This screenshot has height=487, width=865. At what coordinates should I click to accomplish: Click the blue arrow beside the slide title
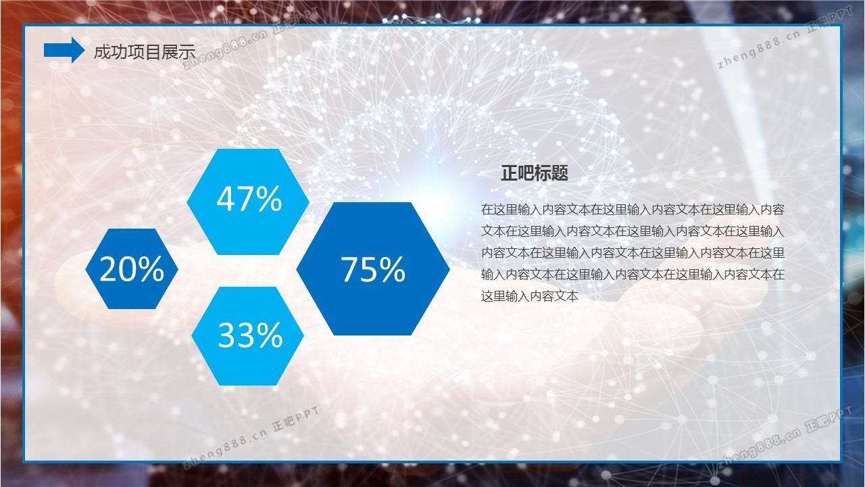(x=64, y=50)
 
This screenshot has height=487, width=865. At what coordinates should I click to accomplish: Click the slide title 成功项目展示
(x=145, y=52)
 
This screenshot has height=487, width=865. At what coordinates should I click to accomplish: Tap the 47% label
(x=249, y=199)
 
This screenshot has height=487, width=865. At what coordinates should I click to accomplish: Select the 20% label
(x=132, y=269)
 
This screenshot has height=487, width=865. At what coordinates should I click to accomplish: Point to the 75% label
(x=372, y=269)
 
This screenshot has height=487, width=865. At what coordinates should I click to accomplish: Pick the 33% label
(x=250, y=335)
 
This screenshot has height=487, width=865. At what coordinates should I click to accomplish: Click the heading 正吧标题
(x=535, y=172)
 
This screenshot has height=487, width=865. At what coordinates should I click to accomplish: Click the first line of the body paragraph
(x=633, y=210)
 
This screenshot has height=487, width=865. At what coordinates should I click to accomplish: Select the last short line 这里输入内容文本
(x=530, y=296)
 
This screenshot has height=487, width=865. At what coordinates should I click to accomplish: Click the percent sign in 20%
(x=151, y=269)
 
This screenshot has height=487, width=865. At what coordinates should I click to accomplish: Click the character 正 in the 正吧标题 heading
(x=509, y=172)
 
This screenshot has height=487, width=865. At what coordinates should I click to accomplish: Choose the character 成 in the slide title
(x=102, y=52)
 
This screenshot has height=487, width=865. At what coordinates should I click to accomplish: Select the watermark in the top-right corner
(x=785, y=38)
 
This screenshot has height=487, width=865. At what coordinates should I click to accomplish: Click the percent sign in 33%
(x=270, y=335)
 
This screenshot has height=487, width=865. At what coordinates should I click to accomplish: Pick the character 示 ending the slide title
(x=187, y=52)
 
